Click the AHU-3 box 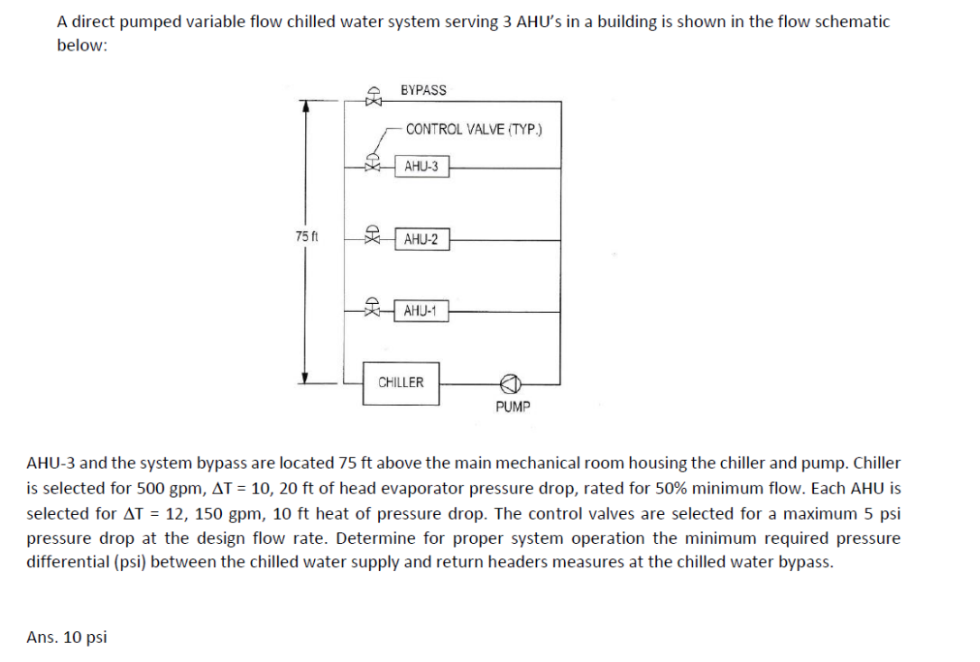421,167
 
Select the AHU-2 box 421,240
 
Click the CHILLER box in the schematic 401,382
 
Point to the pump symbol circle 510,383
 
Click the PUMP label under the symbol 513,407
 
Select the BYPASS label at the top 423,90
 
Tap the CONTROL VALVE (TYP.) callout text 474,129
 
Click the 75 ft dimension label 307,236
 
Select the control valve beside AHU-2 372,236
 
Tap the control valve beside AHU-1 372,308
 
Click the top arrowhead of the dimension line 307,106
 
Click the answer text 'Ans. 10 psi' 67,638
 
